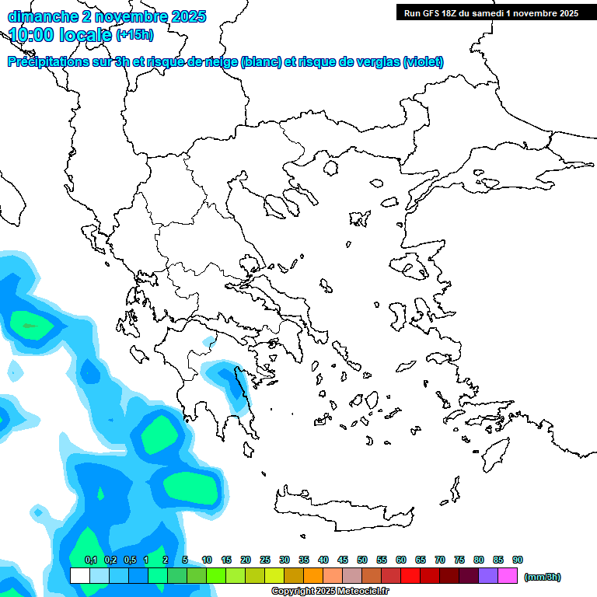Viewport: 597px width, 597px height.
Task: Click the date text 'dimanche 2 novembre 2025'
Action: pyautogui.click(x=106, y=16)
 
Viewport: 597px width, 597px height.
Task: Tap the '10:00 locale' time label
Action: pyautogui.click(x=61, y=34)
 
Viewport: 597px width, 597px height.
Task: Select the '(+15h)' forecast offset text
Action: pyautogui.click(x=134, y=34)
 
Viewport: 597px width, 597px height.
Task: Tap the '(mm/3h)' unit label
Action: pyautogui.click(x=542, y=577)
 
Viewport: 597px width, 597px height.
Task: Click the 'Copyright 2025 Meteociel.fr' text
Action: pyautogui.click(x=330, y=592)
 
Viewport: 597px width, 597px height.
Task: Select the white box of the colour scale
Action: pyautogui.click(x=79, y=575)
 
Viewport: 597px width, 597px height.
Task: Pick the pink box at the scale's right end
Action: pyautogui.click(x=508, y=575)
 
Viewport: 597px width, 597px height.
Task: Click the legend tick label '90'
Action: pyautogui.click(x=518, y=560)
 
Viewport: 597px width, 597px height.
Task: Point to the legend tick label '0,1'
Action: pyautogui.click(x=90, y=560)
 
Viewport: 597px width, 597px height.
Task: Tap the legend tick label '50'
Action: pyautogui.click(x=362, y=560)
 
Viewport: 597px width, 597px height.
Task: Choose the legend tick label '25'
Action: pyautogui.click(x=265, y=560)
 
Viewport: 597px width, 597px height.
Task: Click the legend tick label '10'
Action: pyautogui.click(x=207, y=560)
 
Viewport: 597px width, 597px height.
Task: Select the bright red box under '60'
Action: pyautogui.click(x=410, y=575)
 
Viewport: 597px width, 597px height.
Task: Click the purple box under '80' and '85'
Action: pyautogui.click(x=488, y=575)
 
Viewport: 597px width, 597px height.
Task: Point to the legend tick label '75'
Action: pyautogui.click(x=459, y=560)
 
